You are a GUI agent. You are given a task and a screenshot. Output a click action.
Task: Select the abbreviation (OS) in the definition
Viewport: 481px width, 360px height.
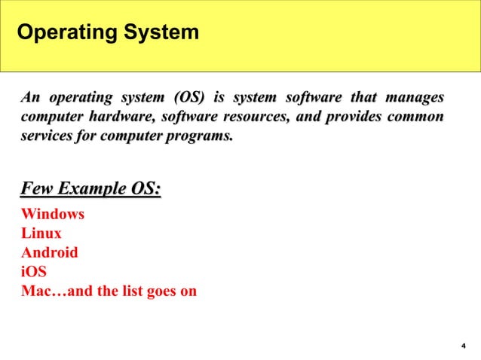188,98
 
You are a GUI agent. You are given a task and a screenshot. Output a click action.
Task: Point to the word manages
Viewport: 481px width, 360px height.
414,98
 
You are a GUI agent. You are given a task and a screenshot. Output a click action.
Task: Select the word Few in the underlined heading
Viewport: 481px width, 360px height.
38,188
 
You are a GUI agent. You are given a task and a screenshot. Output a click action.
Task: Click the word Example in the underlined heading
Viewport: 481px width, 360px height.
92,188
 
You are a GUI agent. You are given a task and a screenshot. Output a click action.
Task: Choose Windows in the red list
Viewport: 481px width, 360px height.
53,215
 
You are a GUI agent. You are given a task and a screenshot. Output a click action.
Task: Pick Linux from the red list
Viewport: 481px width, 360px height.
41,233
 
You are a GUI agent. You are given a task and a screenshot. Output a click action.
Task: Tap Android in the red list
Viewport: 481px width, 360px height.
50,252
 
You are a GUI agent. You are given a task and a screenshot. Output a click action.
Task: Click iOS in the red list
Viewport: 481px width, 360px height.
34,271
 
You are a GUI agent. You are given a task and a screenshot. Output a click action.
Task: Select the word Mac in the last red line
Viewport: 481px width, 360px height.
35,290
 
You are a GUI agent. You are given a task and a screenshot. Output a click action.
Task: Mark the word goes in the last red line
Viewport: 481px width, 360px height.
162,290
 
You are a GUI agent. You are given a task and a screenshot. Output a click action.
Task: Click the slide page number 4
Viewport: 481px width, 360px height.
463,346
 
